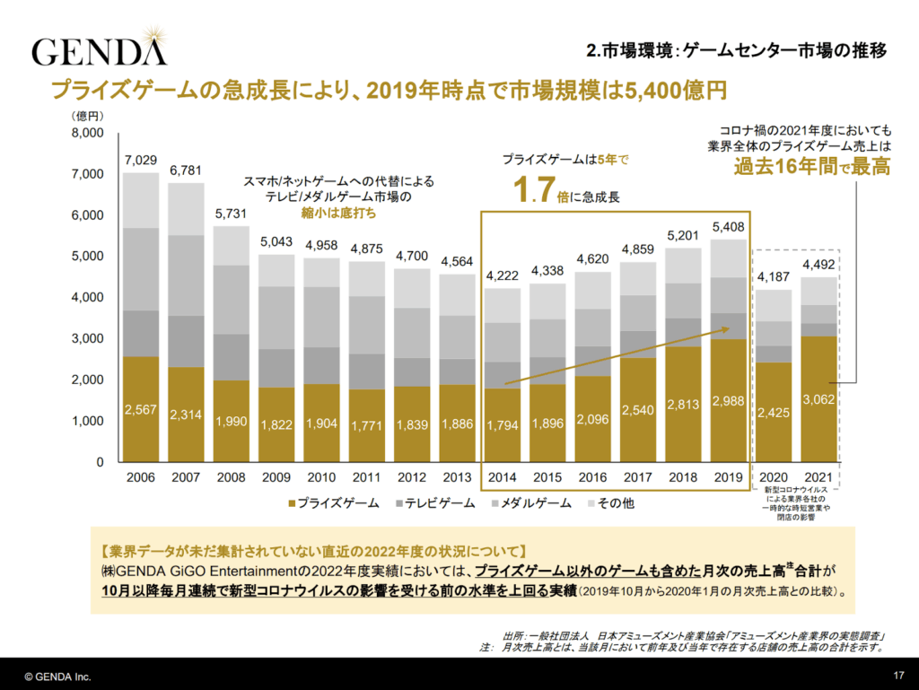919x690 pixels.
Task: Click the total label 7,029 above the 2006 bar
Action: click(x=141, y=161)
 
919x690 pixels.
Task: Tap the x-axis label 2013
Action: click(x=458, y=477)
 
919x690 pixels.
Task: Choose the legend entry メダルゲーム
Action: click(x=529, y=503)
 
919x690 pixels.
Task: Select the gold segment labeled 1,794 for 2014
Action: click(x=503, y=424)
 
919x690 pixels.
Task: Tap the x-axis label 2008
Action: click(x=232, y=477)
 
